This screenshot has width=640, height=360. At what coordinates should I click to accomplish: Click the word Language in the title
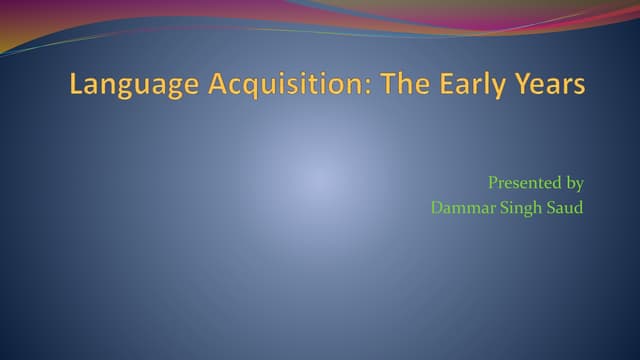[x=134, y=86]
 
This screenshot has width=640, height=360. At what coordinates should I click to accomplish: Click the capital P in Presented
[x=493, y=183]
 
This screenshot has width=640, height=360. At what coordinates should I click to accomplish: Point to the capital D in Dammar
[x=437, y=208]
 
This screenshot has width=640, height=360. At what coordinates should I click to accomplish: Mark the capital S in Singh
[x=499, y=208]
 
